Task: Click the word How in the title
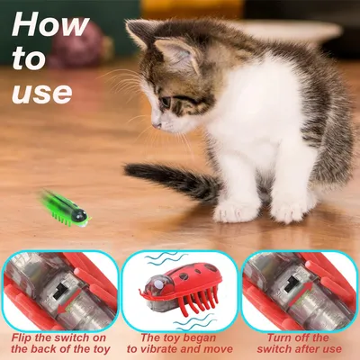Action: click(x=51, y=25)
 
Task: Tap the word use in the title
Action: click(x=42, y=90)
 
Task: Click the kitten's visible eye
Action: click(x=166, y=102)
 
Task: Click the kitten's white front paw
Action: click(x=236, y=211)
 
